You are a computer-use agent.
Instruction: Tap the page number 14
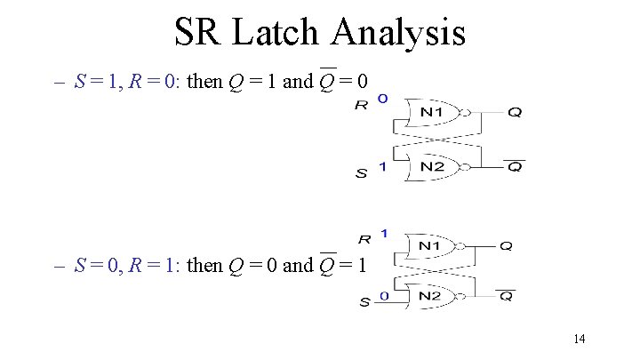(x=580, y=338)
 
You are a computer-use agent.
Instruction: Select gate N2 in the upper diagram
(x=433, y=166)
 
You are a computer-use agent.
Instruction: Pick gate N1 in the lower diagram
(x=429, y=246)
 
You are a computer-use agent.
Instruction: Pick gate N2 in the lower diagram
(x=429, y=295)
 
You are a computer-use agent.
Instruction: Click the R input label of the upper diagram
(x=362, y=105)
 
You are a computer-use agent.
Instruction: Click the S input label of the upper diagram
(x=362, y=174)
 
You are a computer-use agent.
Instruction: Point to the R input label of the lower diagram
(x=365, y=239)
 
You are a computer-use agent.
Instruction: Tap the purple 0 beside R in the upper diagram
(x=382, y=99)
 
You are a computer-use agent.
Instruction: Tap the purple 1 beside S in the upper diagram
(x=382, y=166)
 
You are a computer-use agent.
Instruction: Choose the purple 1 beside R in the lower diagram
(x=383, y=233)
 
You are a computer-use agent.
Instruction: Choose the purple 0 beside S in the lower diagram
(x=383, y=295)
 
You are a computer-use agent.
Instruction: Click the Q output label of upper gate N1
(x=516, y=113)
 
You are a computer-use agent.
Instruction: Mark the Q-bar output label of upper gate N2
(x=515, y=167)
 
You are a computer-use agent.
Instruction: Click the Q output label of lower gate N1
(x=506, y=246)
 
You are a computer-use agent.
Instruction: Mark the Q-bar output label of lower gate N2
(x=506, y=295)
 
